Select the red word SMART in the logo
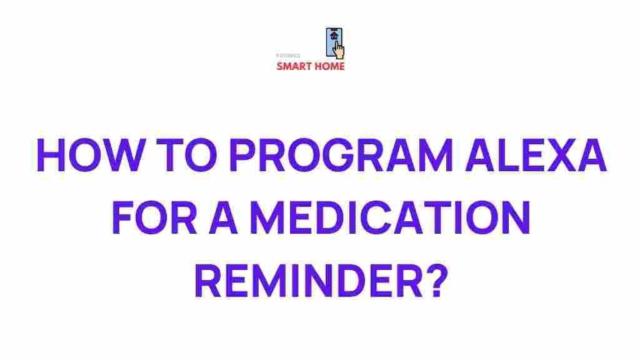tap(294, 66)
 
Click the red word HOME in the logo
tap(329, 66)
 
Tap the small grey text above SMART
tap(288, 56)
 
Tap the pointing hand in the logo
tap(340, 49)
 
